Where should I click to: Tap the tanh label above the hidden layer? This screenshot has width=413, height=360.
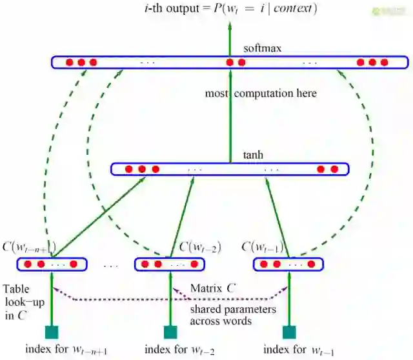tap(253, 155)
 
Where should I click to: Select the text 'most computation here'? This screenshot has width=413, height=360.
tap(261, 94)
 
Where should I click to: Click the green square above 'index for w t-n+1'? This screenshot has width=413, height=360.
tap(52, 333)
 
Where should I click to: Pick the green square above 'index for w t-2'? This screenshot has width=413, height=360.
tap(170, 333)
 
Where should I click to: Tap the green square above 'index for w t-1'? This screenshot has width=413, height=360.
tap(289, 333)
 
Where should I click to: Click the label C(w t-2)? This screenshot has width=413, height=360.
tap(200, 247)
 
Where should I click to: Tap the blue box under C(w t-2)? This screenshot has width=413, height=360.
tap(169, 264)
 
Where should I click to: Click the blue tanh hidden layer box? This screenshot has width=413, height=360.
tap(230, 169)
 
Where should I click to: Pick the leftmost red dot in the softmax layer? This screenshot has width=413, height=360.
tap(69, 63)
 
